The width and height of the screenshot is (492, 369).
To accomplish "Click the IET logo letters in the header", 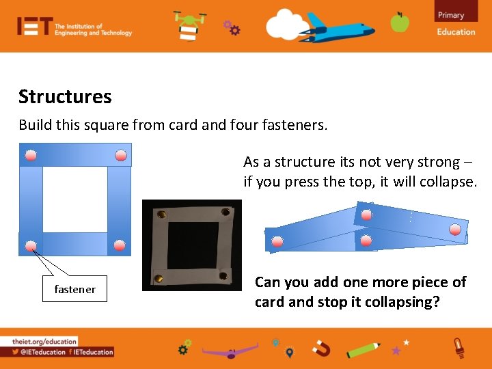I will [34, 27].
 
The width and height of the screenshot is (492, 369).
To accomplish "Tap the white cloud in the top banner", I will [287, 26].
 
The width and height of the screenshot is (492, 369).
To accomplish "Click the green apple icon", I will [400, 23].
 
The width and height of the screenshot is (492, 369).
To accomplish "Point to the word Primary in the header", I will [451, 15].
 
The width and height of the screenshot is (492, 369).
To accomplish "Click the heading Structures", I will [65, 97].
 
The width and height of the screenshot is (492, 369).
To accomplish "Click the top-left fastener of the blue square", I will [31, 155].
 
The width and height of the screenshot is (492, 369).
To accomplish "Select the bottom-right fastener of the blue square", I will [120, 245].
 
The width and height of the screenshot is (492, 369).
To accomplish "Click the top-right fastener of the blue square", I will [120, 155].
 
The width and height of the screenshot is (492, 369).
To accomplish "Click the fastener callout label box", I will [75, 289].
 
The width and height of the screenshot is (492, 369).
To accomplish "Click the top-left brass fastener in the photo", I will [161, 215].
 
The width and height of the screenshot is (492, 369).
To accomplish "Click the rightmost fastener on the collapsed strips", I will [455, 230].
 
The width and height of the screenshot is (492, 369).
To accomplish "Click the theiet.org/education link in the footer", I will [44, 341].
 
